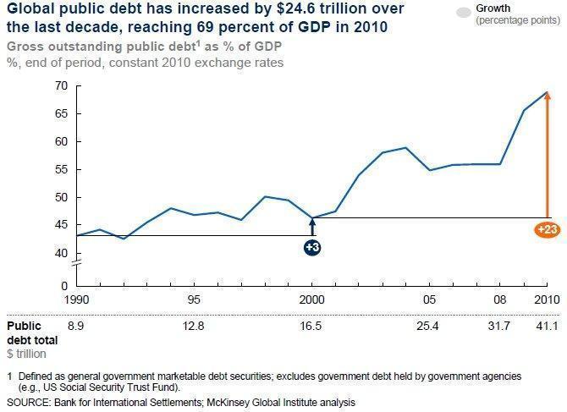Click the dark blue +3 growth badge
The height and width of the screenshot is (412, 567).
[311, 247]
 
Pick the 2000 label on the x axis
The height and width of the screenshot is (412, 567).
[312, 300]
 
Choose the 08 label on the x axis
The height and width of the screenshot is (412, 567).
[501, 300]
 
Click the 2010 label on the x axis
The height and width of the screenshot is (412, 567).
[546, 300]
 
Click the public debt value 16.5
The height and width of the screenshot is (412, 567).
[312, 327]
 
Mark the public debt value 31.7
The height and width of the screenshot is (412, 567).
[501, 327]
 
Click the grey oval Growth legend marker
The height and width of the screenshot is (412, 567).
[463, 13]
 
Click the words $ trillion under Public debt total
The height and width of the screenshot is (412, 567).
[26, 353]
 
